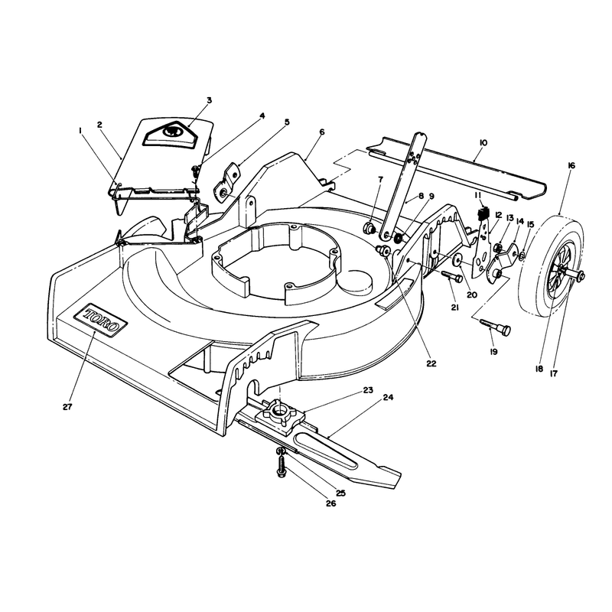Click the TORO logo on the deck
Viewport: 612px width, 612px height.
click(100, 317)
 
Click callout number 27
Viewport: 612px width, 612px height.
click(67, 407)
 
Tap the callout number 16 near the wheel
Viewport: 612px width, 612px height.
click(571, 165)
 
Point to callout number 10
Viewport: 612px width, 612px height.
click(483, 143)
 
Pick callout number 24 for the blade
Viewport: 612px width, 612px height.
click(388, 397)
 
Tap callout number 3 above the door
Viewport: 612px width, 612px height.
click(209, 100)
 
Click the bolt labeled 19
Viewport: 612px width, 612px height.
click(496, 327)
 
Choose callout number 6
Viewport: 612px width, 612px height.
click(321, 132)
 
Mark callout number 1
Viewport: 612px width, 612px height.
click(80, 131)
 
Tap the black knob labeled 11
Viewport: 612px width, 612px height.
click(483, 214)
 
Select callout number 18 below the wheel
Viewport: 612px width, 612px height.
click(539, 369)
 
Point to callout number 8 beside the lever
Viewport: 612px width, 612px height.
click(421, 196)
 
